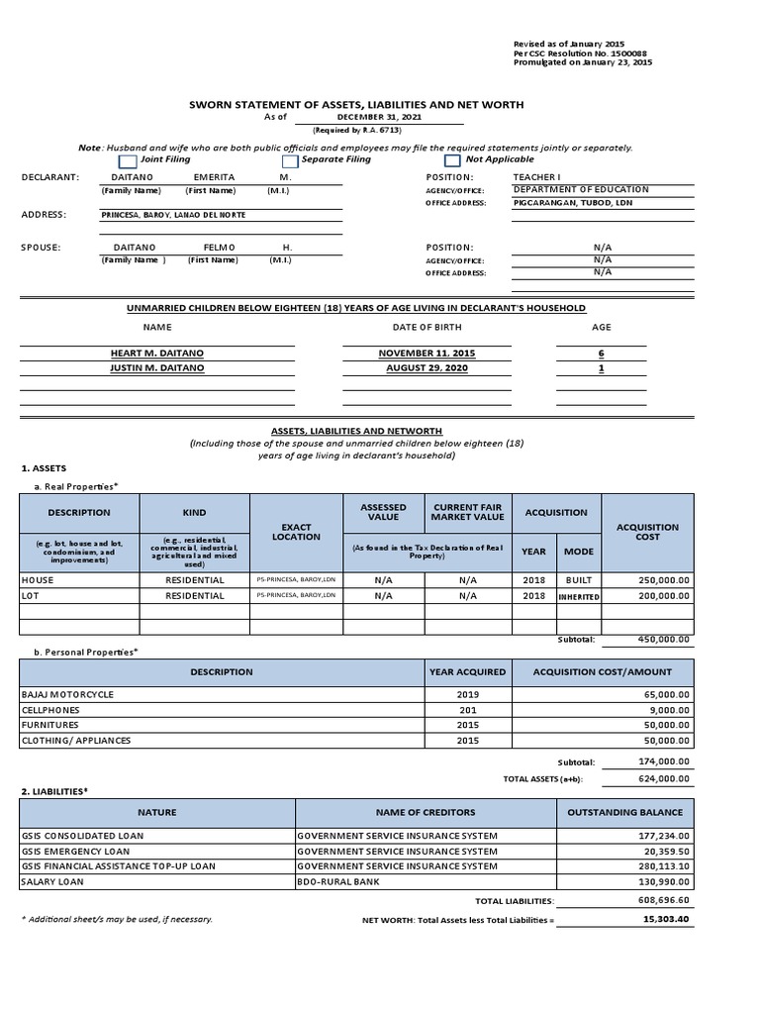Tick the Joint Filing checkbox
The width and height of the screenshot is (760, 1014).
128,160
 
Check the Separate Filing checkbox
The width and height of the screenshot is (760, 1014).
290,160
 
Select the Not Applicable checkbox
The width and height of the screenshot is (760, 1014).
452,160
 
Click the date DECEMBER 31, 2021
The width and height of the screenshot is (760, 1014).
351,117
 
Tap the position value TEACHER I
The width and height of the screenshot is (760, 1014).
535,176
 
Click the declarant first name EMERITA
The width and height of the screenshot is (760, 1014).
214,176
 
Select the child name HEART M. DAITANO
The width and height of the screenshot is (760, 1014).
157,353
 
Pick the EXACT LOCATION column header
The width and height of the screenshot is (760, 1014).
296,532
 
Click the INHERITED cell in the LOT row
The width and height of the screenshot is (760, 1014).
578,597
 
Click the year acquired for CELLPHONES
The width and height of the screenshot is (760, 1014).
467,710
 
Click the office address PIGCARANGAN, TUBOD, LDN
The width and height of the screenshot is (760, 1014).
573,202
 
